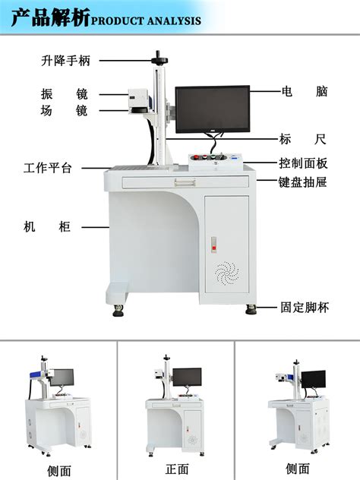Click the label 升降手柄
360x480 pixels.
point(66,61)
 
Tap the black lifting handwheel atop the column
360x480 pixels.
point(159,59)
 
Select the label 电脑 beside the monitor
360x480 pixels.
point(305,91)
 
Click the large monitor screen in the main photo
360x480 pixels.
point(213,109)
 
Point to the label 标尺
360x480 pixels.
point(303,139)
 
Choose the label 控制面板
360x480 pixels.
point(303,163)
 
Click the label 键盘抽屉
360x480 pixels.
point(303,182)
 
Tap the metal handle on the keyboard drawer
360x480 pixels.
point(185,182)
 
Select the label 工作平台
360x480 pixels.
point(47,168)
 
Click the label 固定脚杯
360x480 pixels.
point(305,308)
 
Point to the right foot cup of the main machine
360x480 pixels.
point(251,309)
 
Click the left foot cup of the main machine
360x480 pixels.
point(118,311)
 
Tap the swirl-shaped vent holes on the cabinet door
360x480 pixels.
point(227,273)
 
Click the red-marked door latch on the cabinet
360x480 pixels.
point(214,245)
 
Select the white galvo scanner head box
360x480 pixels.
point(138,98)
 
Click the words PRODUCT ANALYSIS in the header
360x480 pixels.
point(146,21)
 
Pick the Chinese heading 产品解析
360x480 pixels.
point(51,17)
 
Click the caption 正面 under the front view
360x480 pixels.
point(177,469)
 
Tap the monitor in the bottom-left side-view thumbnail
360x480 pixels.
point(62,377)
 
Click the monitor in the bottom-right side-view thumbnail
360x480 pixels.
point(314,379)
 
